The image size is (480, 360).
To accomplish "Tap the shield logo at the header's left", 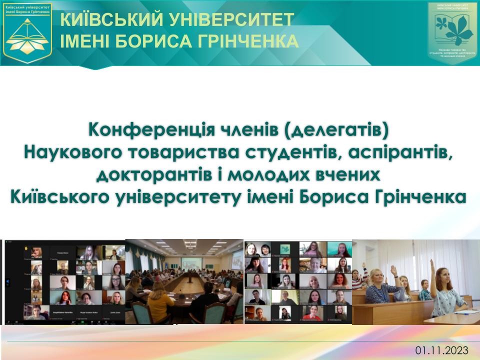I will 28,32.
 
